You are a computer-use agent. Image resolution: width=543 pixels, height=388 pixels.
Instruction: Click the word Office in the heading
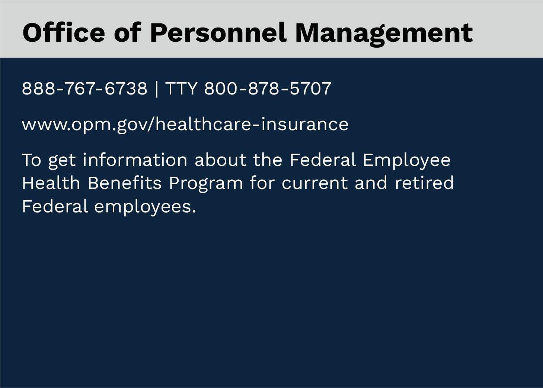64,32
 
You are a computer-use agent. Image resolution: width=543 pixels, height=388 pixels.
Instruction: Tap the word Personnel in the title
218,32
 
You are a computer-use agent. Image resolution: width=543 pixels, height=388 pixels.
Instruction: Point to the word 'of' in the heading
128,32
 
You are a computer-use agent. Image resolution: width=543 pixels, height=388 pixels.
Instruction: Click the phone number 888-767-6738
84,89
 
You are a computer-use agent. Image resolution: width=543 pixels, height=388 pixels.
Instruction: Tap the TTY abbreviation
181,89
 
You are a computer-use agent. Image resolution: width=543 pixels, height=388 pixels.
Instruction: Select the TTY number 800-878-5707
268,89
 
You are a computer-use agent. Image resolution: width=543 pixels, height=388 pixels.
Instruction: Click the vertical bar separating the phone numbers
156,89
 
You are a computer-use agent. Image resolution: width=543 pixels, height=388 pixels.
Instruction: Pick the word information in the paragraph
135,160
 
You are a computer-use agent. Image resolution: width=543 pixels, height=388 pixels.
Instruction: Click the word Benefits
125,183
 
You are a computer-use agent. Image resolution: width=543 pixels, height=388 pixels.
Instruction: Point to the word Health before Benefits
51,183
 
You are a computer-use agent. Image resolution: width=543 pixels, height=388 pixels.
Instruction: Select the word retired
424,183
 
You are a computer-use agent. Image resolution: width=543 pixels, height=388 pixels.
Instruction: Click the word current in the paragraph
315,184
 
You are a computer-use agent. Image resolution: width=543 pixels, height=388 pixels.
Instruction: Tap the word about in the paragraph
220,160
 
